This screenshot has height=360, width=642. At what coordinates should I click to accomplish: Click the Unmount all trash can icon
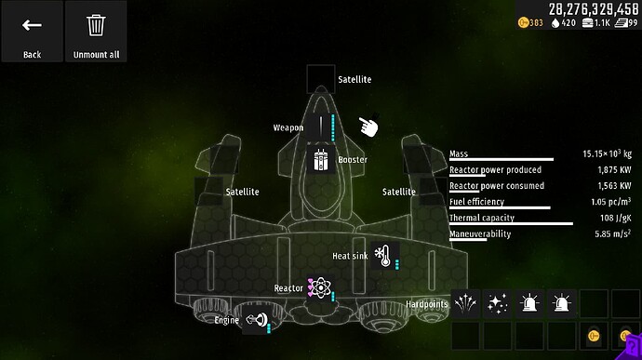pos(96,26)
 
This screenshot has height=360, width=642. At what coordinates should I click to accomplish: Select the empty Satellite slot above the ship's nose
pos(321,79)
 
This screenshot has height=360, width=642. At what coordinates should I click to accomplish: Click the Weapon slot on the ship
pos(321,127)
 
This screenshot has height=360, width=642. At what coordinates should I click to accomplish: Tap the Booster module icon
pos(321,159)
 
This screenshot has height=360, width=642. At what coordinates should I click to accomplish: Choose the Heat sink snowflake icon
pos(381,254)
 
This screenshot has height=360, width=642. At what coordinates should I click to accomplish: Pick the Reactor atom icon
pos(319,288)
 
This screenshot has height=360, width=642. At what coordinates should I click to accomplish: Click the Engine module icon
pos(253,320)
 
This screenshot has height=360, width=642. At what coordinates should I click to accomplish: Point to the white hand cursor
pos(369,126)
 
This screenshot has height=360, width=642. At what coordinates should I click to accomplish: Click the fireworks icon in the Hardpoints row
pos(466,303)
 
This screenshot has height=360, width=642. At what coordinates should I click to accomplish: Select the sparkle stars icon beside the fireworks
pos(498,303)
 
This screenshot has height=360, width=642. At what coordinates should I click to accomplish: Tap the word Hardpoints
pos(427,304)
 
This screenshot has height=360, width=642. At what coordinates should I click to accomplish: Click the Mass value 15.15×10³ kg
pos(607,153)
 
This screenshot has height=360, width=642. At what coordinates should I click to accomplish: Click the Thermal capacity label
pos(481,219)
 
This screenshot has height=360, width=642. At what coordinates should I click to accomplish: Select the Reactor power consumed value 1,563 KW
pos(614,186)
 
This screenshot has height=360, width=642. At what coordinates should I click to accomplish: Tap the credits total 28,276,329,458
pos(593,8)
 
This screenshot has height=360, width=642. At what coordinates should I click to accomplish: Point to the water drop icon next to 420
pos(556,23)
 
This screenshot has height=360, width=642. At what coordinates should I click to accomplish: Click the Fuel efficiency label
pos(476,202)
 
